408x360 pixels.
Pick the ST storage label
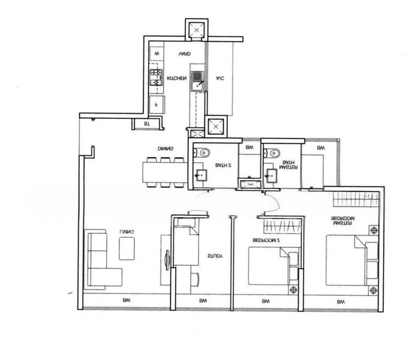tap(146, 124)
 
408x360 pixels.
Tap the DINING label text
tap(166, 148)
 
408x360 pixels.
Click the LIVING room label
tap(127, 231)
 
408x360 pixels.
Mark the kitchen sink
tap(197, 77)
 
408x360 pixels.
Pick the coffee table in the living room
tap(127, 248)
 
